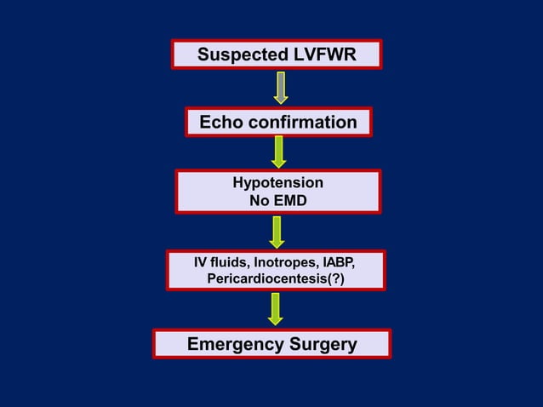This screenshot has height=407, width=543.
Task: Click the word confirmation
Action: pos(302,123)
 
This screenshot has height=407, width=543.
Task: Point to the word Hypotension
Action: pos(277,183)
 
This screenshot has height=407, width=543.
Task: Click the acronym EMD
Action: pos(290,201)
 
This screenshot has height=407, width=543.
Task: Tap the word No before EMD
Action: pos(259,201)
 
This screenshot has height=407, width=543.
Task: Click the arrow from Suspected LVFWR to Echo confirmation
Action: pos(280,87)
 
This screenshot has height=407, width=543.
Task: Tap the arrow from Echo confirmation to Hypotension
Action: pos(278,152)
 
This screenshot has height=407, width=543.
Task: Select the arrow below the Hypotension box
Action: pos(277,232)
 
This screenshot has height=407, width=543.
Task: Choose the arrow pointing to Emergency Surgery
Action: pos(275,308)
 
